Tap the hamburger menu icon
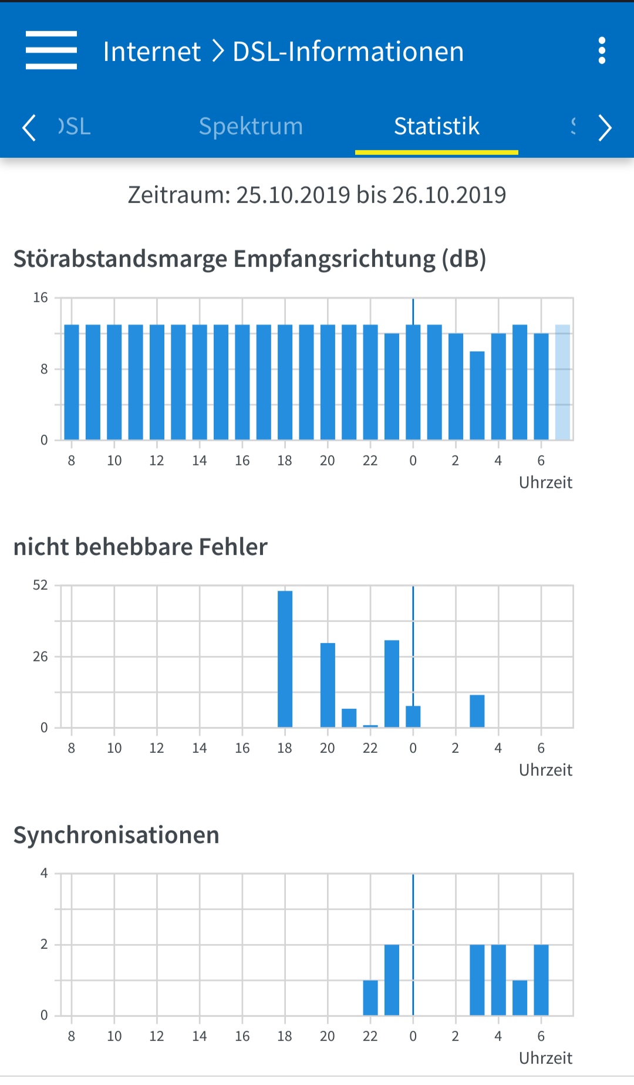(x=51, y=50)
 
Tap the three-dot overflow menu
(x=601, y=51)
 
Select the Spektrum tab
(x=251, y=126)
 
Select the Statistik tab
(x=436, y=126)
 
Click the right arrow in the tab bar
(x=605, y=127)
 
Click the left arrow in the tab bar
(x=29, y=127)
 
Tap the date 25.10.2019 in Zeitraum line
(x=294, y=195)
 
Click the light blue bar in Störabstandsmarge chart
(x=562, y=381)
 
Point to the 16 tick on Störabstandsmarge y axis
(x=40, y=298)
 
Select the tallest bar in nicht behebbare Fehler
(x=285, y=658)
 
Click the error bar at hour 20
(x=328, y=685)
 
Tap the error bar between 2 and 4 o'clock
(x=477, y=711)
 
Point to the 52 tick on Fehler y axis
(x=40, y=585)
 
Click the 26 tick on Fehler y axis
(x=40, y=657)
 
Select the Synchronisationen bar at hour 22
(x=370, y=997)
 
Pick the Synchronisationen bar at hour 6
(x=541, y=979)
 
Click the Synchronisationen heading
(x=116, y=835)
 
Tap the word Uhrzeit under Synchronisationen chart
(x=545, y=1058)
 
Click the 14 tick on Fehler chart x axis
(x=200, y=748)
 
